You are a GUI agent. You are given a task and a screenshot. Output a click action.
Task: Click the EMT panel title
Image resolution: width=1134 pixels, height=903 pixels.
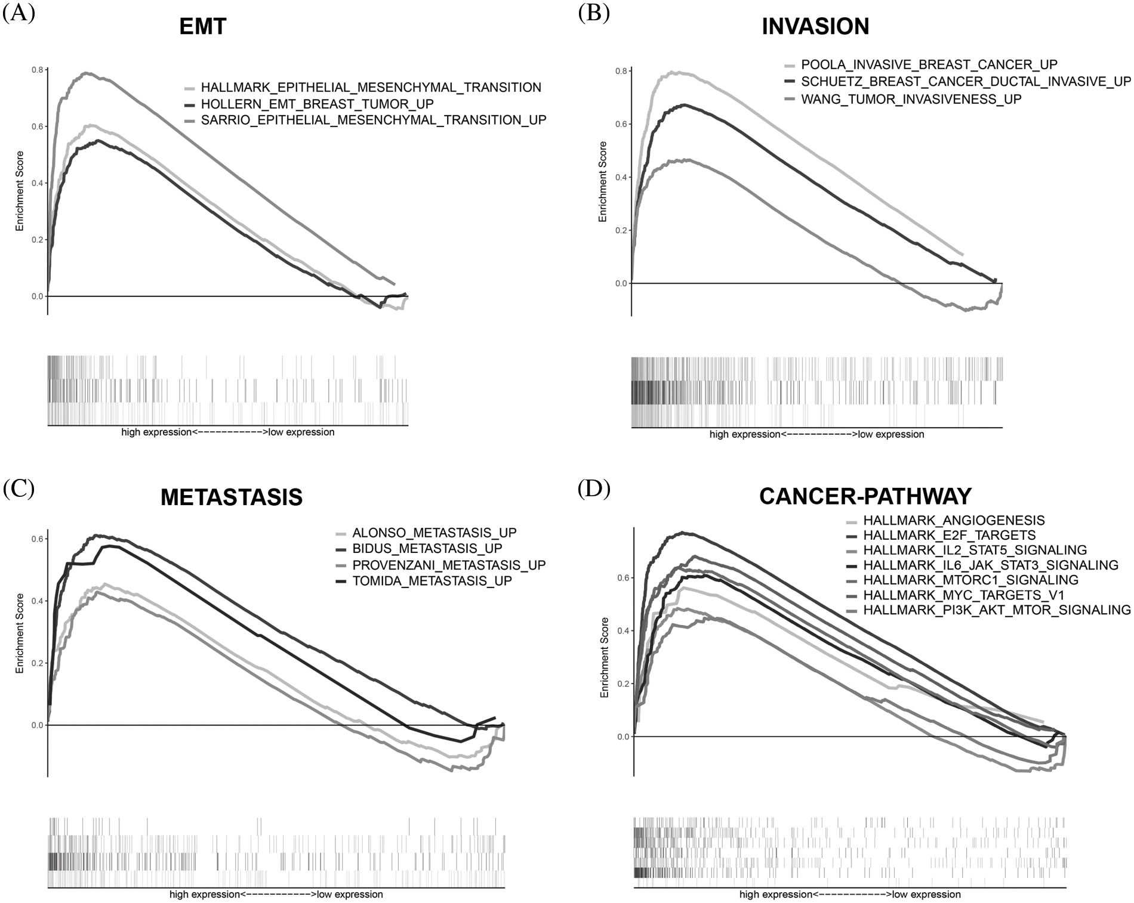(x=203, y=27)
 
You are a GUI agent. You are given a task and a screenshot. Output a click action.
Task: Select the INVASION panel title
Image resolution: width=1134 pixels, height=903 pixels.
(x=815, y=26)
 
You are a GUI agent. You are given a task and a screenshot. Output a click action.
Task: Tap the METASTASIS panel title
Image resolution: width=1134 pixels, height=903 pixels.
(x=232, y=497)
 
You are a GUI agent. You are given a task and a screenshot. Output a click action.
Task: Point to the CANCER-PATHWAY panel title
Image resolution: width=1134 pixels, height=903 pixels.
(x=865, y=496)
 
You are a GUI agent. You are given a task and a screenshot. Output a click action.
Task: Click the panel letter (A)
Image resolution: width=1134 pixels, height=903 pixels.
(x=19, y=13)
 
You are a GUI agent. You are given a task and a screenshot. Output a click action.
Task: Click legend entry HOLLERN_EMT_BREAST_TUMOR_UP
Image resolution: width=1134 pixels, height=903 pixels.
(x=317, y=104)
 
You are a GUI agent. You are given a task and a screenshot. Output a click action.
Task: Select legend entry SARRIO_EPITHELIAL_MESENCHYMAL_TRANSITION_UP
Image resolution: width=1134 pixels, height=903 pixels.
(x=373, y=120)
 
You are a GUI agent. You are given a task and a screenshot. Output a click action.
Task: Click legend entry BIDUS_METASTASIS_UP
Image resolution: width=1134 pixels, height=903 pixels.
(x=427, y=548)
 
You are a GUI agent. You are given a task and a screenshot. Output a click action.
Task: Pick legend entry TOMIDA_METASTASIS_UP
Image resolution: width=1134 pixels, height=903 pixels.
(x=432, y=581)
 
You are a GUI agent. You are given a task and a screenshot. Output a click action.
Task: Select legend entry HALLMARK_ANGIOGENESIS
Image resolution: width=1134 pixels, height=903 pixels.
(x=954, y=520)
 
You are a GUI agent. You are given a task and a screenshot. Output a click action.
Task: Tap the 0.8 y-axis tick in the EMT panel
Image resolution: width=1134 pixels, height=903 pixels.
(x=37, y=70)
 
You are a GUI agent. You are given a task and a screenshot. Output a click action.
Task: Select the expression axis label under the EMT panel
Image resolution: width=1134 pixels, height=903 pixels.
(x=227, y=432)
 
